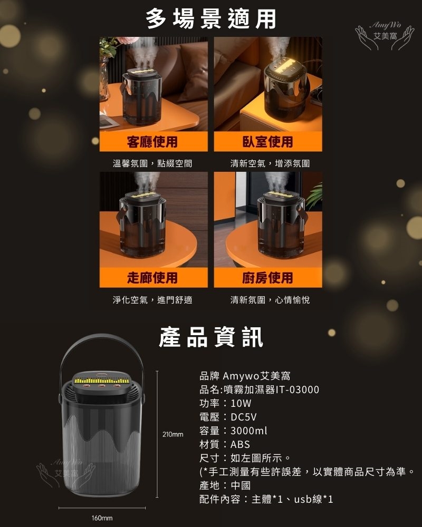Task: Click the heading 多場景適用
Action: point(211,19)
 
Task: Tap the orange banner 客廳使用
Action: point(154,141)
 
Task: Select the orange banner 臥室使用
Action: point(268,141)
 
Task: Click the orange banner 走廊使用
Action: point(154,278)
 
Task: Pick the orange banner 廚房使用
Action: point(268,278)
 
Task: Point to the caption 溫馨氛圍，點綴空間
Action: point(152,163)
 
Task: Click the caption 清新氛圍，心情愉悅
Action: point(270,300)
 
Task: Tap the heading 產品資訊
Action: point(211,337)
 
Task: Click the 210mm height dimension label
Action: point(172,434)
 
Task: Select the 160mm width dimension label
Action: point(102,518)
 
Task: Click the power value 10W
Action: point(241,403)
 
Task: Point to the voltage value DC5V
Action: point(244,417)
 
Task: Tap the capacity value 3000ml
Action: point(248,431)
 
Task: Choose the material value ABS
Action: point(241,444)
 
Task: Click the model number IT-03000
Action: point(297,389)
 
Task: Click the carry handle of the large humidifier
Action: point(102,339)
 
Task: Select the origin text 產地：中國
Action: point(225,485)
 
